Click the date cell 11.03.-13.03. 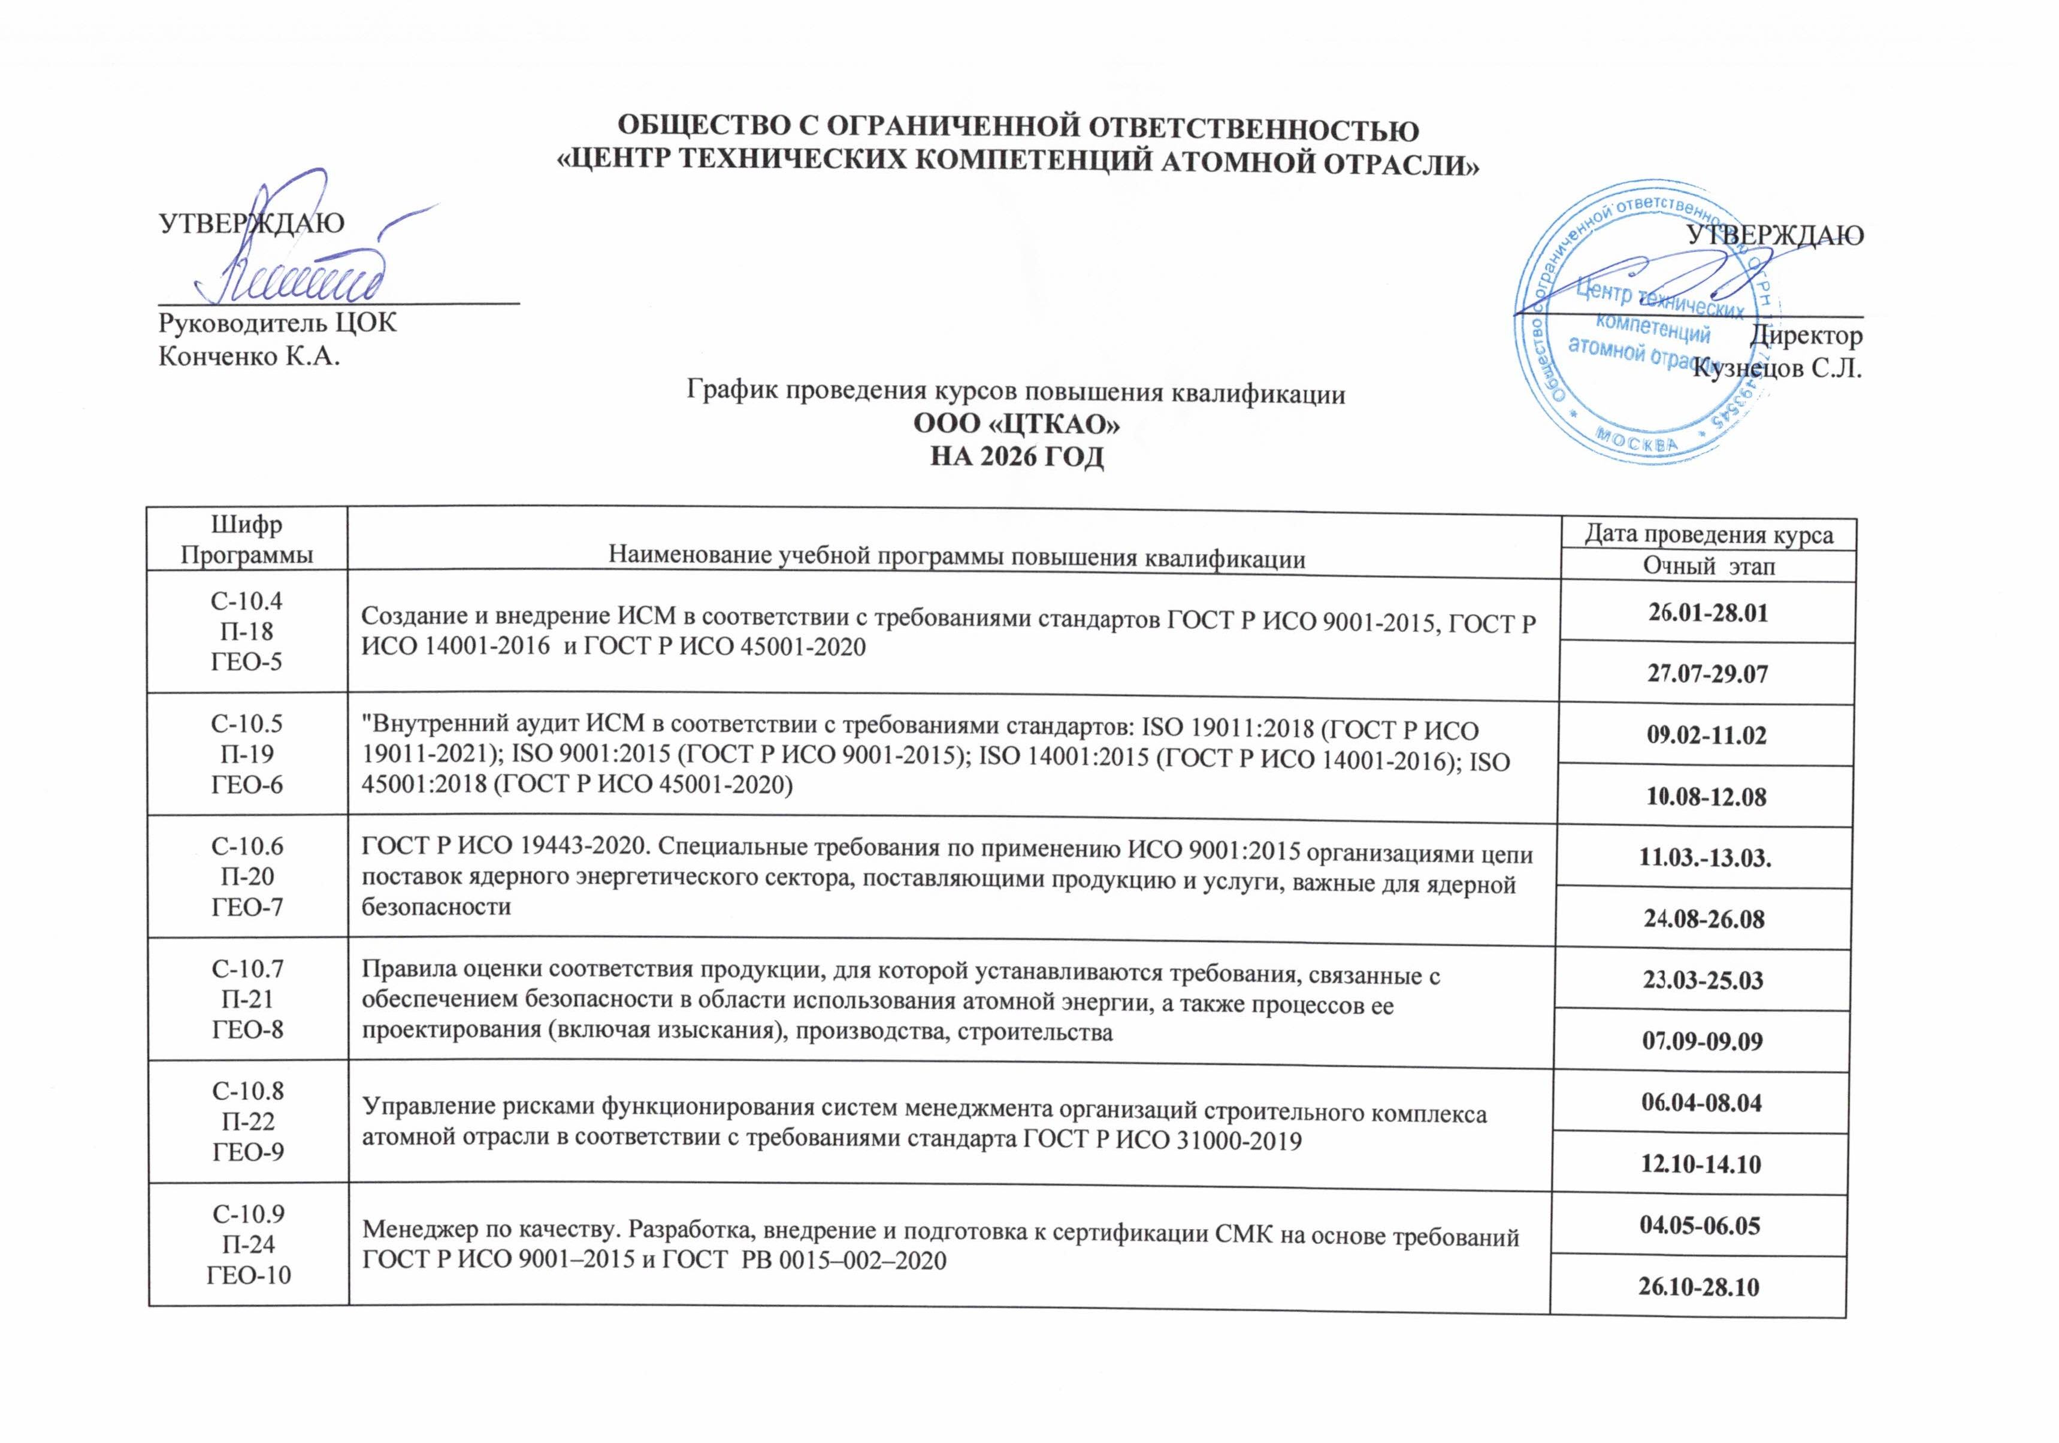[x=1705, y=857]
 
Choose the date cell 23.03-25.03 [x=1703, y=979]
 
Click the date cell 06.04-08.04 [x=1701, y=1102]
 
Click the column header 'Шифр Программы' [x=247, y=539]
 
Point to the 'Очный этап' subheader [x=1709, y=566]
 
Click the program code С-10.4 [x=247, y=600]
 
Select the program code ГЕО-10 [x=249, y=1275]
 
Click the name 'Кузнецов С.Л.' [x=1776, y=368]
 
